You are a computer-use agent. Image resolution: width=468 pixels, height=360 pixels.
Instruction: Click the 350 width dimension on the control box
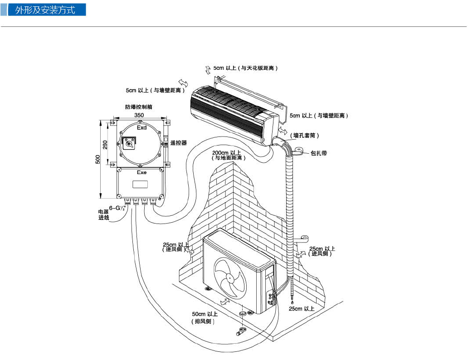(139, 115)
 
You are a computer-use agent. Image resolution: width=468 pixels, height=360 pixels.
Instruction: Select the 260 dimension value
(105, 145)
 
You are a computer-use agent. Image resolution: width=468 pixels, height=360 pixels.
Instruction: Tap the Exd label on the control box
(142, 128)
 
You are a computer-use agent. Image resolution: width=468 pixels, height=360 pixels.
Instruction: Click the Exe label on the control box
(142, 173)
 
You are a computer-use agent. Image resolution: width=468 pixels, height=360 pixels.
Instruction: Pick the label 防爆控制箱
(139, 107)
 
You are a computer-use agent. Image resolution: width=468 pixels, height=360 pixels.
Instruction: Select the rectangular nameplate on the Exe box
(140, 185)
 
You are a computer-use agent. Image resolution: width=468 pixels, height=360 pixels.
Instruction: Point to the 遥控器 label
(179, 143)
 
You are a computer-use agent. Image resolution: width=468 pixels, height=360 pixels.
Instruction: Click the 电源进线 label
(104, 214)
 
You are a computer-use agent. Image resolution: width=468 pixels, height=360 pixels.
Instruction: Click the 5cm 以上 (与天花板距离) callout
(245, 68)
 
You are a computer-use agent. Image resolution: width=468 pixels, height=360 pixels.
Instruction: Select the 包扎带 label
(319, 154)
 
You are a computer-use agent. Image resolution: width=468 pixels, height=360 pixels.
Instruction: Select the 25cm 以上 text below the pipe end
(301, 309)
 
